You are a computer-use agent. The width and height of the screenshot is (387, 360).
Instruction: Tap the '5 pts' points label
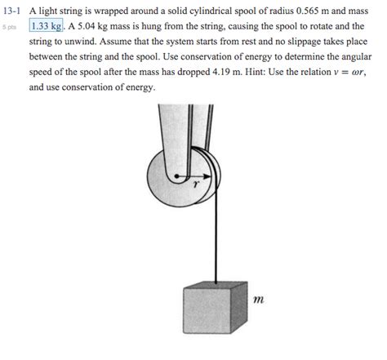click(x=9, y=26)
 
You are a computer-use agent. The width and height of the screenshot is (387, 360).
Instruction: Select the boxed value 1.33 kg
click(x=46, y=26)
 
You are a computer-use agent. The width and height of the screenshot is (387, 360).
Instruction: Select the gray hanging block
click(x=214, y=312)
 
